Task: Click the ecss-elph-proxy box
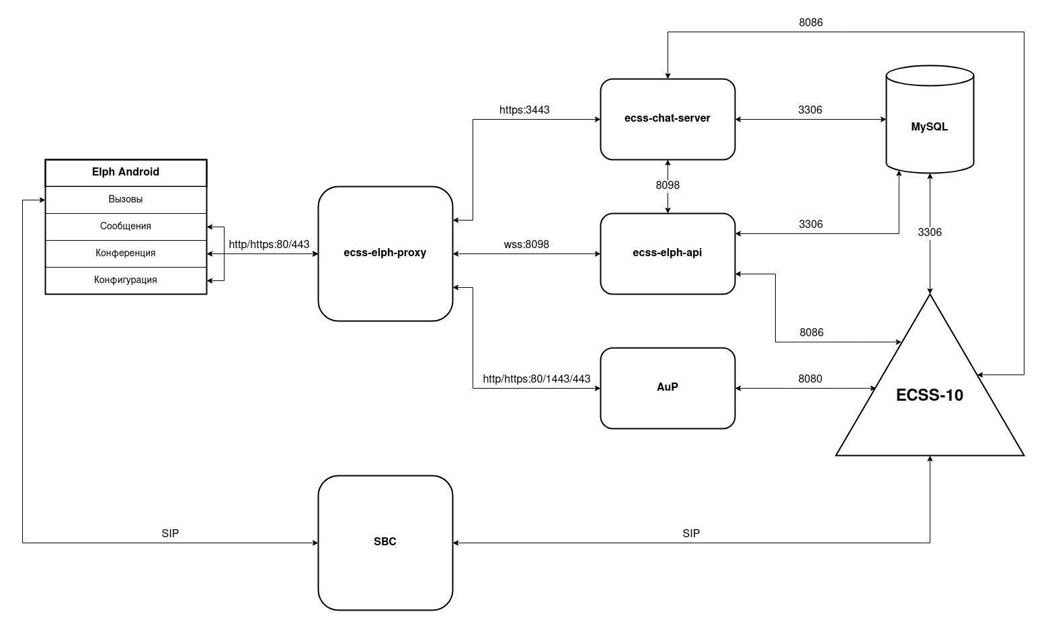pos(385,253)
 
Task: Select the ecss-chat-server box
pos(668,119)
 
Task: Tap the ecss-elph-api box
pos(668,253)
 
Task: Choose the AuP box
pos(668,388)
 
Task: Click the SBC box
pos(385,543)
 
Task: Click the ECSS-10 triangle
pos(930,397)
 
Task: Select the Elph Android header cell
pos(126,172)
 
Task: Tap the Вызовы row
pos(126,200)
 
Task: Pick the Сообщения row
pos(126,227)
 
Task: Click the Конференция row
pos(126,253)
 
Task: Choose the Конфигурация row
pos(126,280)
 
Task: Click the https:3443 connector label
pos(524,110)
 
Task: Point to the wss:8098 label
pos(526,245)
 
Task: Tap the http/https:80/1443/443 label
pos(536,379)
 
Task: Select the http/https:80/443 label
pos(269,245)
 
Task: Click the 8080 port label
pos(810,379)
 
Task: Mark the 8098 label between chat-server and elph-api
pos(668,186)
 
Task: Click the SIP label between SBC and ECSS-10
pos(691,534)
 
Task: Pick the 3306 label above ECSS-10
pos(930,233)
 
